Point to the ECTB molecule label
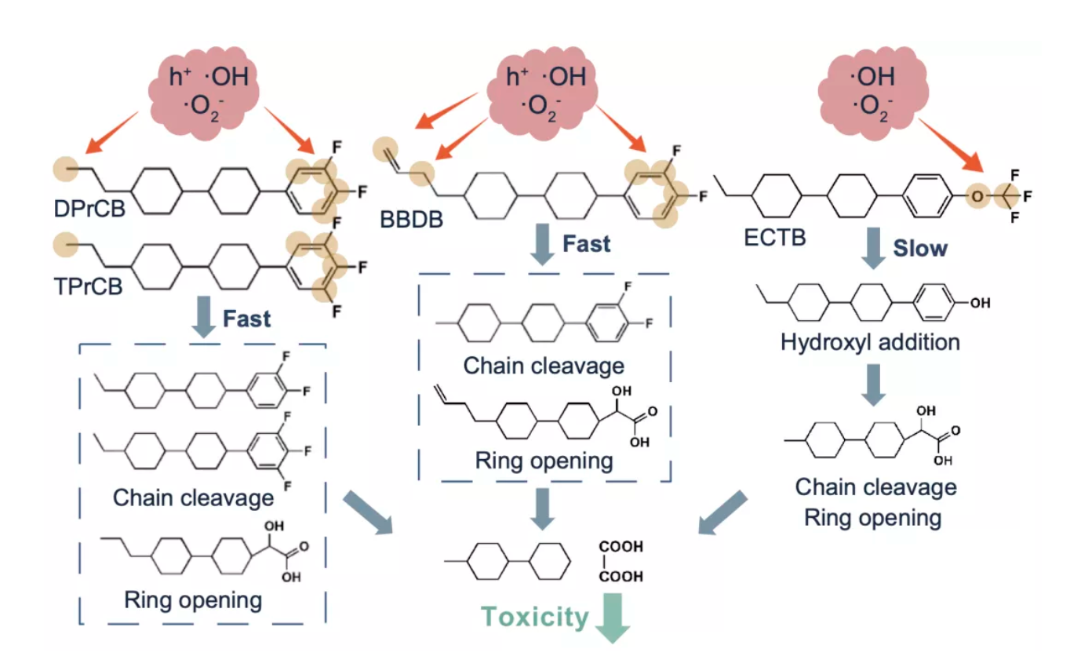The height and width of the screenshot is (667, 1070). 774,236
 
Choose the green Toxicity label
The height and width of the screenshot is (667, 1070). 535,617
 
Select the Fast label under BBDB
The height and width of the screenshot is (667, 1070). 586,244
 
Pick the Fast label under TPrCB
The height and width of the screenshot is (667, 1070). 246,318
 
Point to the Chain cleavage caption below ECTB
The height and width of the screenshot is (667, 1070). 875,487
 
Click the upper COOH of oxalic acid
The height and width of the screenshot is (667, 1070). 621,546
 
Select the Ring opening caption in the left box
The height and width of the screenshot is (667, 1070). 192,600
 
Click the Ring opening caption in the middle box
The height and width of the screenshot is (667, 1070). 544,460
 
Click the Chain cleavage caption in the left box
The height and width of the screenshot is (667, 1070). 194,498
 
